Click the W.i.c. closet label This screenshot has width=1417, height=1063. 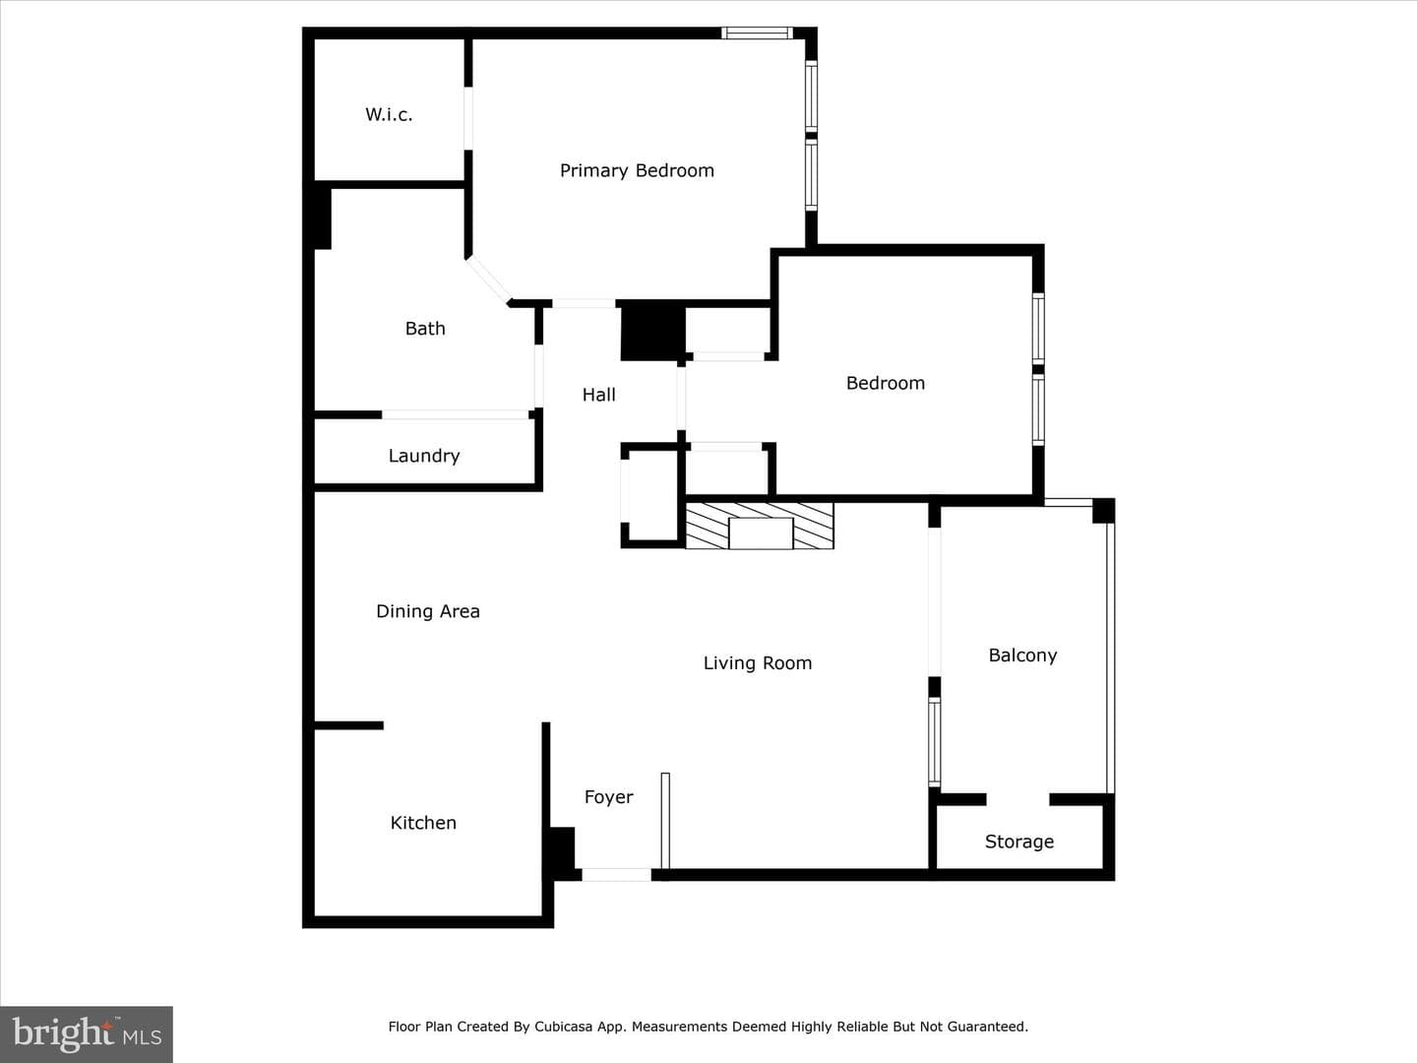(389, 115)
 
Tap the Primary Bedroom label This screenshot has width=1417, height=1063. (637, 171)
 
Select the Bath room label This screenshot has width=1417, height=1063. (425, 329)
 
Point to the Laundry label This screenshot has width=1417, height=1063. (423, 457)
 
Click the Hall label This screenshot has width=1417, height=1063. (598, 395)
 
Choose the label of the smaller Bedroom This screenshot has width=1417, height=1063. (885, 384)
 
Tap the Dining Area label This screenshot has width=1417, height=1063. (427, 612)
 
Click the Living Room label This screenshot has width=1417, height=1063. (758, 663)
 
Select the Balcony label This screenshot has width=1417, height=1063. (1022, 656)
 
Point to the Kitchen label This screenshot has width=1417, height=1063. (423, 823)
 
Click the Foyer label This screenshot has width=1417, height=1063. (608, 797)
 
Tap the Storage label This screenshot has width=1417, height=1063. (1018, 842)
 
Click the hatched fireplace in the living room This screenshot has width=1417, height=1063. (759, 526)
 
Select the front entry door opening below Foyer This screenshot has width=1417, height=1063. (617, 875)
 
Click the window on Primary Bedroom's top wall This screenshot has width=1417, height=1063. (757, 32)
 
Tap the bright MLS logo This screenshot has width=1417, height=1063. (87, 1033)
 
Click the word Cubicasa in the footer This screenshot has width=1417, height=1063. (560, 1027)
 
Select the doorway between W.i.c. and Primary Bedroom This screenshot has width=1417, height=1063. (468, 119)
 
